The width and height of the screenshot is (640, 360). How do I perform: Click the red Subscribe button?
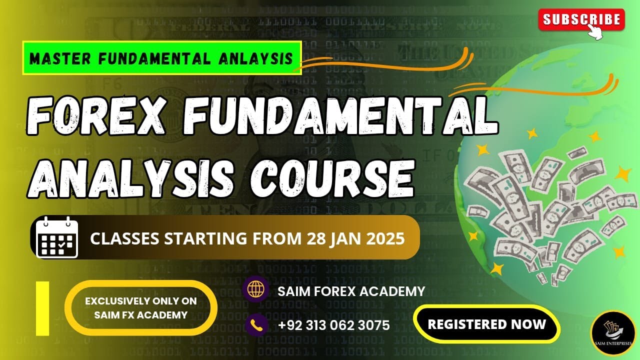point(581,19)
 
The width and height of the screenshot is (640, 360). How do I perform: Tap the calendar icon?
point(57,237)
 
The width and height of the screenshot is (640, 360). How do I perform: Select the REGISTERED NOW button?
point(486,324)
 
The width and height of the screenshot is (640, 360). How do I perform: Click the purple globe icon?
point(256,290)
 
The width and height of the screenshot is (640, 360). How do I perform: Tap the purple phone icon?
point(256,325)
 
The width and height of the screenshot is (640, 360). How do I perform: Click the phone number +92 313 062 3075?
point(333,325)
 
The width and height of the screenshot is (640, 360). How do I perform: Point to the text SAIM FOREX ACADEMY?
point(351,291)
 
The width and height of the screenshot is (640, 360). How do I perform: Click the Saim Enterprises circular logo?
point(612,333)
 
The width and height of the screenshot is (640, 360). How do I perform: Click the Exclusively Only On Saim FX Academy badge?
point(140,308)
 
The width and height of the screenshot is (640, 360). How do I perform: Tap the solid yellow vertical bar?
point(42,307)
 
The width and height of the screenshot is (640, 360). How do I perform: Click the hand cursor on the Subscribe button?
point(595,31)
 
